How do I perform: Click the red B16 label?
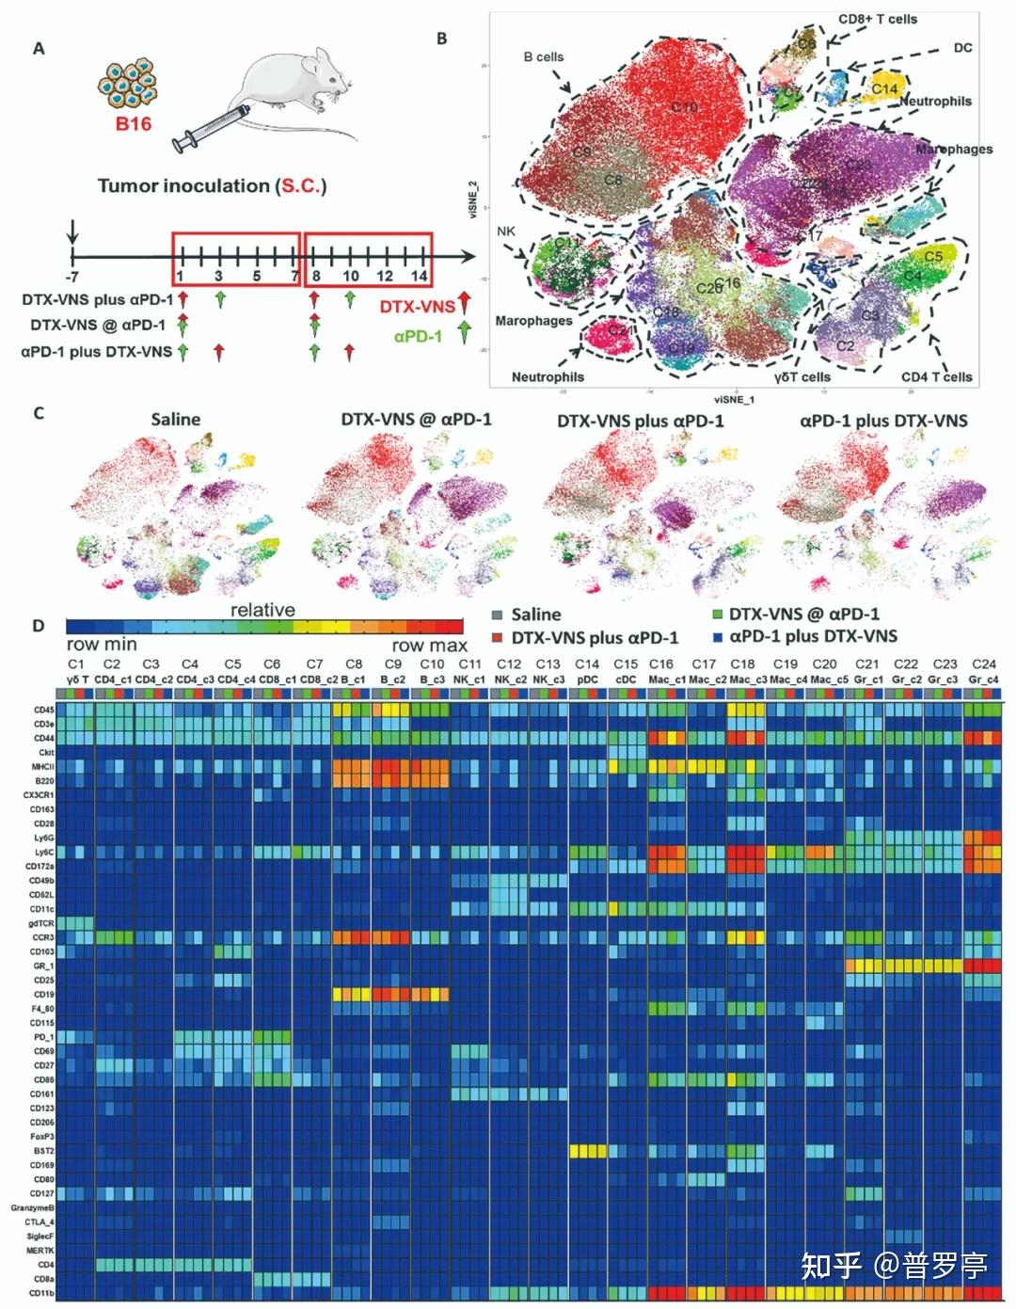tap(134, 123)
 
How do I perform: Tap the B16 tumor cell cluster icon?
tap(128, 83)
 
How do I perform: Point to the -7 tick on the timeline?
tap(72, 276)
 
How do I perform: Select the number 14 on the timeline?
tap(420, 276)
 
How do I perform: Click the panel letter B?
tap(441, 39)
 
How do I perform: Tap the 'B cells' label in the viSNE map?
tap(544, 56)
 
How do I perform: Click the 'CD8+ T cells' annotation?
tap(878, 19)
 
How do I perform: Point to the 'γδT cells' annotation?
tap(802, 376)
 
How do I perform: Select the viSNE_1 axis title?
tap(734, 399)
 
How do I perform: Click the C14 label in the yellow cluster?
tap(883, 88)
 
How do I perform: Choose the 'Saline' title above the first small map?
tap(176, 420)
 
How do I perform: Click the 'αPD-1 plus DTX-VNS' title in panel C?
tap(883, 421)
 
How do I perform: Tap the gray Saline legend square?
tap(498, 615)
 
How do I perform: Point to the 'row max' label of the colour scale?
tap(429, 646)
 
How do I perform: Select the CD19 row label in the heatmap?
tap(43, 995)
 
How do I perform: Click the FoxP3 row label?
tap(42, 1137)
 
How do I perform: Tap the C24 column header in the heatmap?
tap(984, 663)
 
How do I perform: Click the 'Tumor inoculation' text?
tap(184, 186)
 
